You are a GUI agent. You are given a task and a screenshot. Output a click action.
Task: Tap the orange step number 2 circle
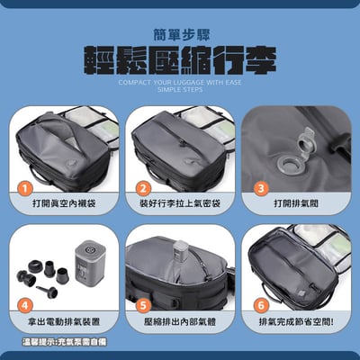[x=143, y=190]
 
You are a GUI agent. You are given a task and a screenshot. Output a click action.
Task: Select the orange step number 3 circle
[x=260, y=190]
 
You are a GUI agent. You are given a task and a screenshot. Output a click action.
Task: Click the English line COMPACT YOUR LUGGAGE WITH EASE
[x=180, y=81]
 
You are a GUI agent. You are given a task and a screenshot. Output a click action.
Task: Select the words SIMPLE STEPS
[x=180, y=91]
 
